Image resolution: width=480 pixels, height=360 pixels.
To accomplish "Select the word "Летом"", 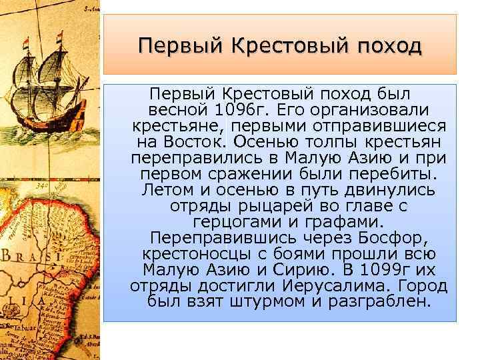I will [167, 190].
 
